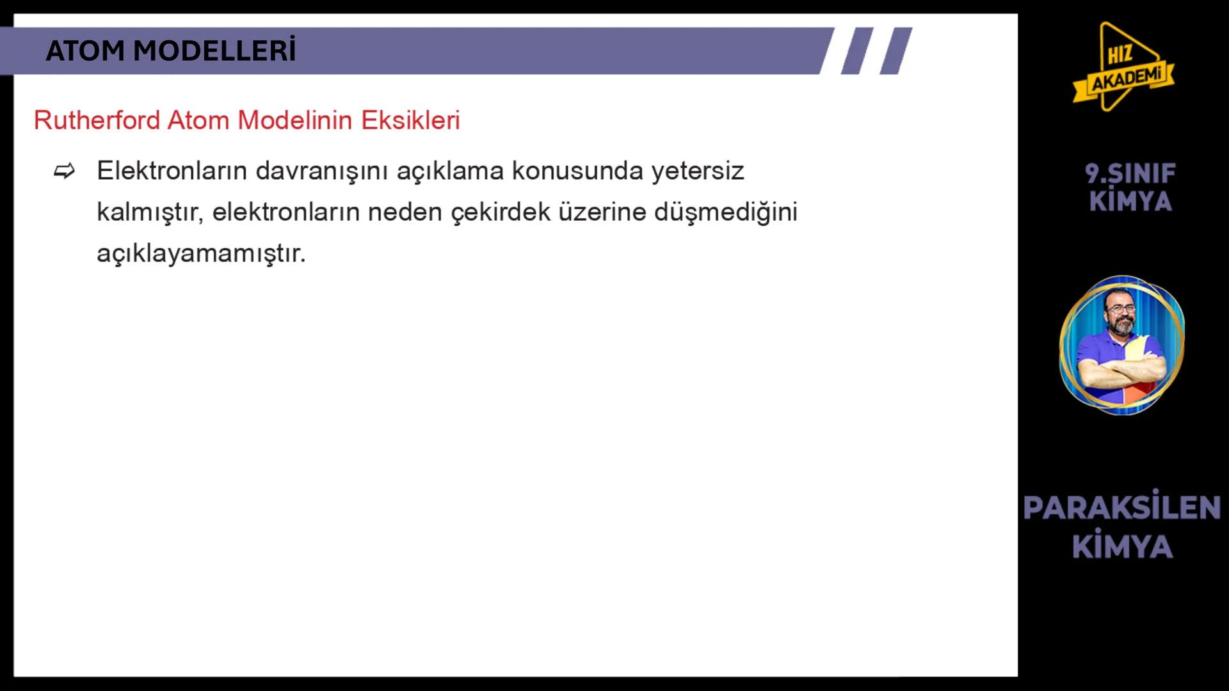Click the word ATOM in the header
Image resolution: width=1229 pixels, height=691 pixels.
[x=86, y=51]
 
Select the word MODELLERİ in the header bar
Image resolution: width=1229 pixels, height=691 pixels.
[x=214, y=51]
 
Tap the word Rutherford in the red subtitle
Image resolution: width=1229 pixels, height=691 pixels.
[x=97, y=120]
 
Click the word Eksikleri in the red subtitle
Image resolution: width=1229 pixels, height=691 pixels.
[x=410, y=120]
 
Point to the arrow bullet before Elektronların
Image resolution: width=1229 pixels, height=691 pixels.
[x=65, y=171]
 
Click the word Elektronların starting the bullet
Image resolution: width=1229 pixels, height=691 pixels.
[x=172, y=171]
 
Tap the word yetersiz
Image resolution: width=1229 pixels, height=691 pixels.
[x=698, y=171]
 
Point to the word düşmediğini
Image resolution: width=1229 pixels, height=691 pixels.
[x=725, y=212]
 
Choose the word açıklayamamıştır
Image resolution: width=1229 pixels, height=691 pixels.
[x=201, y=253]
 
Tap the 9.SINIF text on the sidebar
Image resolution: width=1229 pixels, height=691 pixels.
[x=1130, y=173]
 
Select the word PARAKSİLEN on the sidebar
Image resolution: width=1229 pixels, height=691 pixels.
[x=1121, y=508]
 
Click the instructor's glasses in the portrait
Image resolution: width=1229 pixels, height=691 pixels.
[x=1120, y=309]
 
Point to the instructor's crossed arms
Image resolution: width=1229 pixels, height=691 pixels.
[x=1120, y=371]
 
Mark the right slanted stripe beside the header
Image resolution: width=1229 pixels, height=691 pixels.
[x=896, y=51]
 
